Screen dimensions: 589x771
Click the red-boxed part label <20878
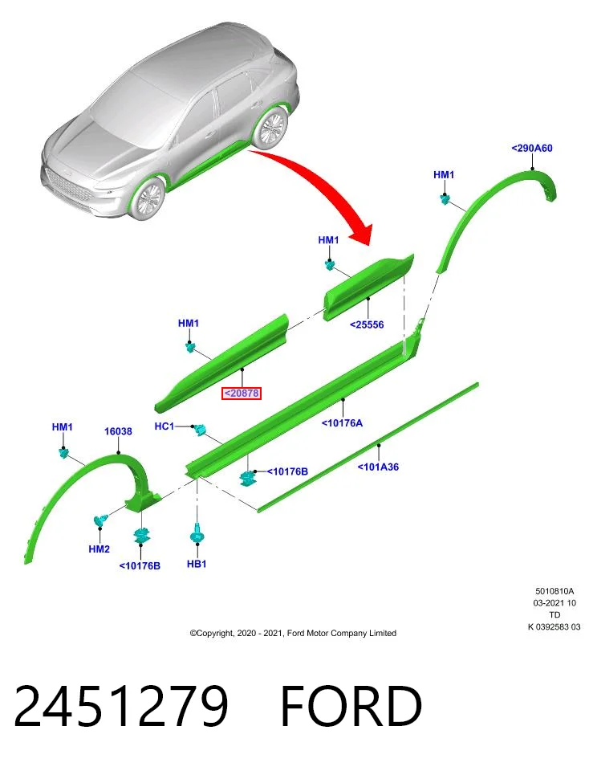coord(241,394)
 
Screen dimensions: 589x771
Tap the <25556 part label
coord(367,324)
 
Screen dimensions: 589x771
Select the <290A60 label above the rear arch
coord(532,148)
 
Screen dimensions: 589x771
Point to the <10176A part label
coord(342,423)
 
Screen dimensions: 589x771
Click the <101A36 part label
coord(378,467)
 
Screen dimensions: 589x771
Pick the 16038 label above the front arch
coord(118,431)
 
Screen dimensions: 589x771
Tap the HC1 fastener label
coord(164,426)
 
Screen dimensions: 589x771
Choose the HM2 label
coord(100,549)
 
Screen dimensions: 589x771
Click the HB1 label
coord(197,564)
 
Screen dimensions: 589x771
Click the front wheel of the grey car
coord(148,198)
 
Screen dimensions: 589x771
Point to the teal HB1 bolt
coord(197,533)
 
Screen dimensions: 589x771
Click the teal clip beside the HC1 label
coord(200,430)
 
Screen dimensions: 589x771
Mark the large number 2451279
coord(121,706)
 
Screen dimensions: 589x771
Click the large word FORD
coord(351,706)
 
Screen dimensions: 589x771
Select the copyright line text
coord(293,634)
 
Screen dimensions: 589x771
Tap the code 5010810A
coord(554,592)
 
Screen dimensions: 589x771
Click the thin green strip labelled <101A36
coord(368,447)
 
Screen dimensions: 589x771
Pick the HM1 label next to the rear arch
coord(444,174)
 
